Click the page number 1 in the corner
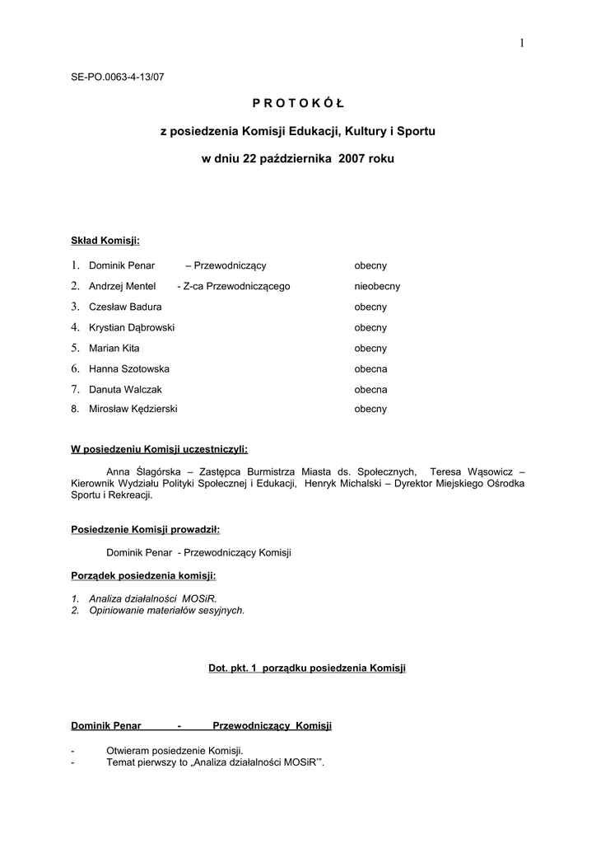click(522, 44)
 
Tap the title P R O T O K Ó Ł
click(298, 103)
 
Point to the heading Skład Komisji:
click(105, 241)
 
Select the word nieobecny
click(377, 287)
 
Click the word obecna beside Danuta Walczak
click(370, 390)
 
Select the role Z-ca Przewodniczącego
click(234, 287)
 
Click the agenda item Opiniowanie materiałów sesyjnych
click(166, 611)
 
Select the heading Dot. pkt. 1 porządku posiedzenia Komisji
click(307, 668)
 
